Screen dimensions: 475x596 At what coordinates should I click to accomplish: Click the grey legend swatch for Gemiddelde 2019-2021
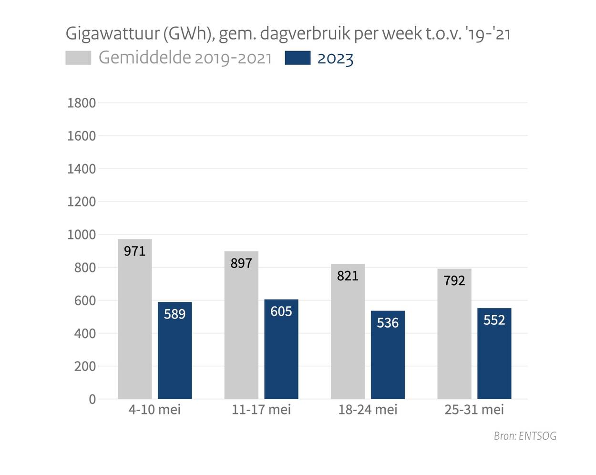click(78, 58)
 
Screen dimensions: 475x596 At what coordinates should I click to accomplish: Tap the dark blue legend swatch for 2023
click(298, 58)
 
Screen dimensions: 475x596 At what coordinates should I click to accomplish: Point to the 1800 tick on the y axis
click(82, 103)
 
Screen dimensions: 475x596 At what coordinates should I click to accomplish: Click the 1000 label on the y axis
click(82, 235)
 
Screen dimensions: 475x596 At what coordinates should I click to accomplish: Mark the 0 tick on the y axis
click(92, 399)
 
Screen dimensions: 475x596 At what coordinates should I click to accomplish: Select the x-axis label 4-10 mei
click(154, 410)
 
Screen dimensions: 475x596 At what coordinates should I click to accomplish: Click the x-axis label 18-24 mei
click(368, 410)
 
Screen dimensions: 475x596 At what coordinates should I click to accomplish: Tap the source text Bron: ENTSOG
click(525, 436)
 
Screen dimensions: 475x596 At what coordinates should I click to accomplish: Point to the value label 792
click(454, 280)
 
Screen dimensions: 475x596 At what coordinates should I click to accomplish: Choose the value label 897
click(241, 263)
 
